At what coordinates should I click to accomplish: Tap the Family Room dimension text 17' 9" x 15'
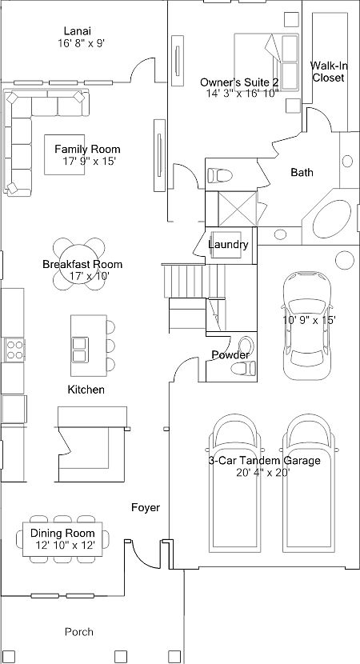(87, 161)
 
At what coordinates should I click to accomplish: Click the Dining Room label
(62, 533)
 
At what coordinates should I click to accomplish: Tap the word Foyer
(146, 507)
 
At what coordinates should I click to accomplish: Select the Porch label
(78, 631)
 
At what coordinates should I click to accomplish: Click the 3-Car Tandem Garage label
(264, 461)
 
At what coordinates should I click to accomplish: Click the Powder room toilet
(240, 368)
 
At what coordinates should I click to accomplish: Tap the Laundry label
(228, 245)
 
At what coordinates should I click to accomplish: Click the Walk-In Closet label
(328, 72)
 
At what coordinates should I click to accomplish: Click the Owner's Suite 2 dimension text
(239, 94)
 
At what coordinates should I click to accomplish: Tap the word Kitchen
(86, 390)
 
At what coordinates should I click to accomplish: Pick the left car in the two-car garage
(234, 488)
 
